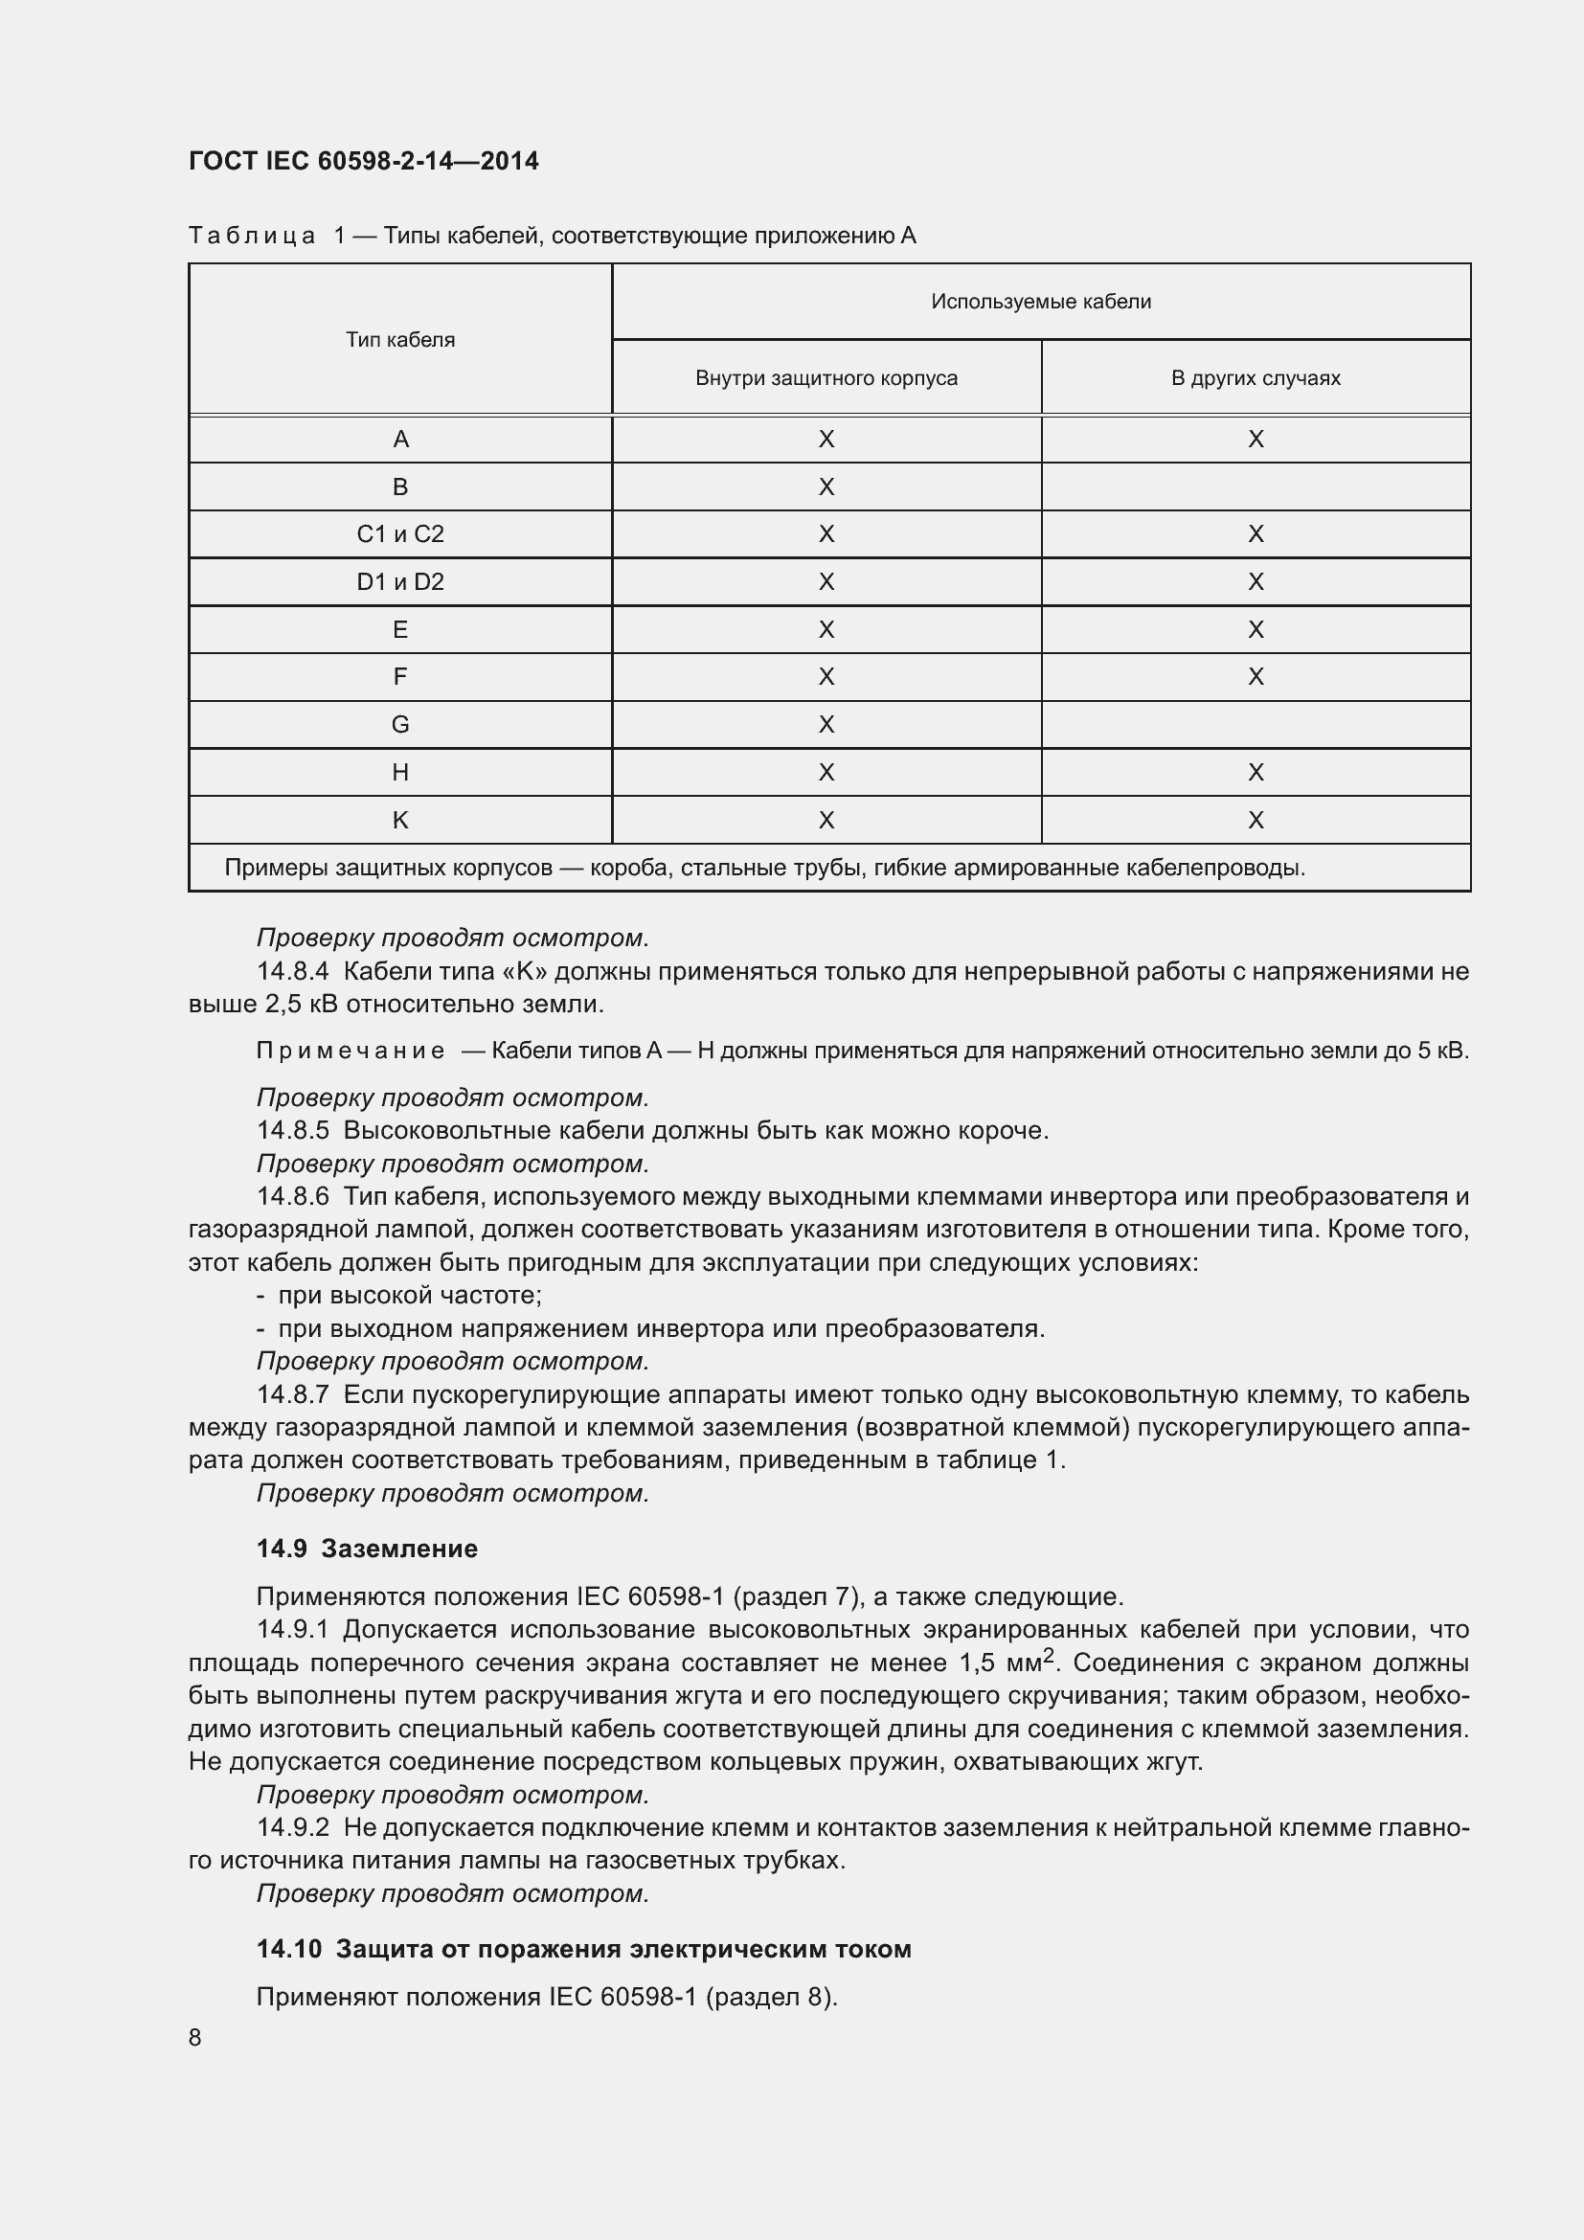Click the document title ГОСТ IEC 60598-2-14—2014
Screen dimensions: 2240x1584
363,161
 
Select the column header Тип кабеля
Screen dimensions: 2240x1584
400,340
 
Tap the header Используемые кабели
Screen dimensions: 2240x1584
1041,302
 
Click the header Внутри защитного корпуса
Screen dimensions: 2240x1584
826,377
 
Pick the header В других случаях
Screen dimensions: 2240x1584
1256,377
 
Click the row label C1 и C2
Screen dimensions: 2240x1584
400,533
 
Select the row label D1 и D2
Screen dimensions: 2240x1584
400,581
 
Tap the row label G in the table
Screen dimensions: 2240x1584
400,724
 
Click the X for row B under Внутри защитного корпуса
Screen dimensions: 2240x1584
826,486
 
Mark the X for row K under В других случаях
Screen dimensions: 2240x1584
1256,820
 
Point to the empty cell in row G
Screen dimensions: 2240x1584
1256,724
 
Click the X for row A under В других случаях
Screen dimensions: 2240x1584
1256,439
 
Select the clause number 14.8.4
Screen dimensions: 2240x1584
293,971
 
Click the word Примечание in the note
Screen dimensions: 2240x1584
351,1051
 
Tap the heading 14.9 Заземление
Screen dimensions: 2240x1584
367,1549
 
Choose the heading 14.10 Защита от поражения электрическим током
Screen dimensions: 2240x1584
583,1948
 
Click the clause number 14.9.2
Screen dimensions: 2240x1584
293,1827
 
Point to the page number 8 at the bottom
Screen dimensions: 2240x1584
195,2037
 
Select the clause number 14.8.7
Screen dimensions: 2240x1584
293,1394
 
